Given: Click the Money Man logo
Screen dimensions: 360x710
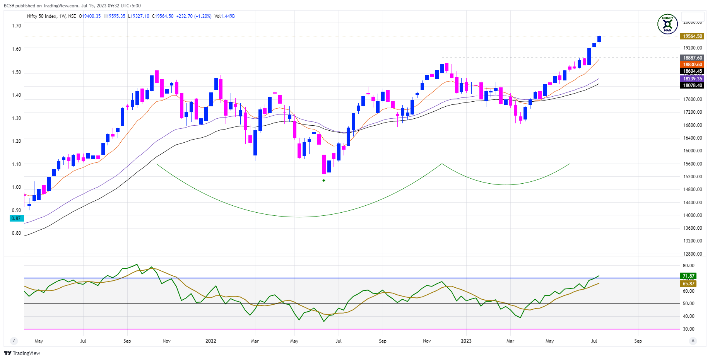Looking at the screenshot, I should [x=667, y=24].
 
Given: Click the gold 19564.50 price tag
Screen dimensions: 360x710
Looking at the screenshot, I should [x=692, y=36].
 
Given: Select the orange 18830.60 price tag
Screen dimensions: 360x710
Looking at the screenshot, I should [x=692, y=65].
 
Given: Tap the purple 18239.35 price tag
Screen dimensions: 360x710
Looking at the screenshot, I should [x=692, y=79].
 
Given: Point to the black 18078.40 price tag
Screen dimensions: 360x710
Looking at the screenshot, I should [x=692, y=85].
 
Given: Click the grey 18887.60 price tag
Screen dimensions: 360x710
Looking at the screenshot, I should [x=692, y=58].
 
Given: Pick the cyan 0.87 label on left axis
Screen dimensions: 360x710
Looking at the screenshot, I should [x=16, y=218].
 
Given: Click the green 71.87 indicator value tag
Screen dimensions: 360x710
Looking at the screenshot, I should [x=688, y=276].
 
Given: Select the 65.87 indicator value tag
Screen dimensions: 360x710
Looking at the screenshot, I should [x=688, y=284].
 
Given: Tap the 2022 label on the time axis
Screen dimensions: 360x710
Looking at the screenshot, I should [x=211, y=341].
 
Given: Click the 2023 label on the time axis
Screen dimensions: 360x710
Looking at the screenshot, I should [x=466, y=341].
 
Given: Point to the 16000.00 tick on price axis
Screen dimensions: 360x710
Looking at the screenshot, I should [x=693, y=151].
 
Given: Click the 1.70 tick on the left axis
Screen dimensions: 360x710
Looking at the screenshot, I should [x=16, y=26].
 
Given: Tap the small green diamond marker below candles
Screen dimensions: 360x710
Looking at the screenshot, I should [x=324, y=181].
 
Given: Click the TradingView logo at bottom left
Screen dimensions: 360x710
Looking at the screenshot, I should [x=22, y=353].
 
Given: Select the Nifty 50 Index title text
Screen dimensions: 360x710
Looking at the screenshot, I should [x=41, y=16].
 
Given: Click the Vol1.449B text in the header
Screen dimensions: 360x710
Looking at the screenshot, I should [x=224, y=16].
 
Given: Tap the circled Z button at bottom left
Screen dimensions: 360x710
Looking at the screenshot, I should [x=14, y=341].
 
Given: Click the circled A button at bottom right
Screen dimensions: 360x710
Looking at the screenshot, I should [x=693, y=341].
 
